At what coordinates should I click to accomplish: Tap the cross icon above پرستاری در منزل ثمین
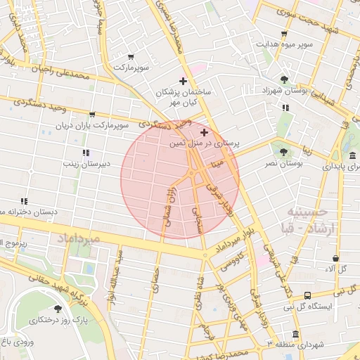click(x=204, y=132)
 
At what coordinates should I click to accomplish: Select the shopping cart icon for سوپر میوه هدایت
click(x=283, y=34)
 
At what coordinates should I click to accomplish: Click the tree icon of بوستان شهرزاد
click(x=284, y=79)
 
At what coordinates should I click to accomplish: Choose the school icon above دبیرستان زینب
click(x=86, y=153)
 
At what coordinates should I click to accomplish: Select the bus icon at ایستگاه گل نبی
click(x=308, y=296)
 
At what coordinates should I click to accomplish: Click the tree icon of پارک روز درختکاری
click(x=58, y=309)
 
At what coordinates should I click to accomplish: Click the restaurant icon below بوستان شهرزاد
click(x=285, y=108)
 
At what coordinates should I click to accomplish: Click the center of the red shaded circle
click(x=180, y=179)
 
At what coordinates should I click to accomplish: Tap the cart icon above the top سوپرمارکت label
click(x=131, y=57)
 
